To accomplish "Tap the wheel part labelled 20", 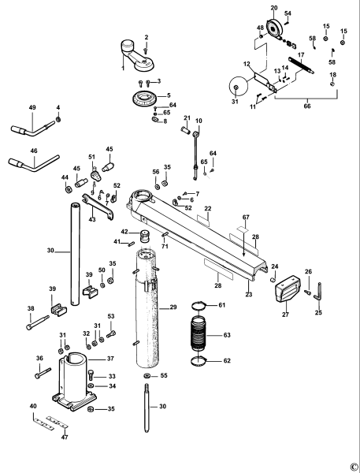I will click(273, 30).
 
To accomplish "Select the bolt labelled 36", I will click(43, 371).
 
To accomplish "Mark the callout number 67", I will click(246, 217).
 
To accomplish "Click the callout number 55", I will click(165, 377).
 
